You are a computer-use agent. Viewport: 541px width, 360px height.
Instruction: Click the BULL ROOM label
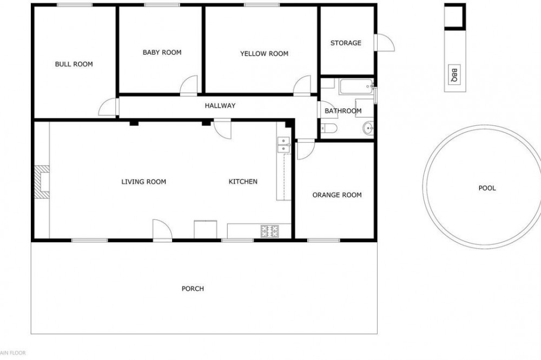[x=74, y=64]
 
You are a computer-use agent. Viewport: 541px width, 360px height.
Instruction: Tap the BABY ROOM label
[x=162, y=52]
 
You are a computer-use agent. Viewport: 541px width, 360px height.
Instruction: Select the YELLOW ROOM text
[x=265, y=54]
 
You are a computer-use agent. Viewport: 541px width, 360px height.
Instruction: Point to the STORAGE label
[x=346, y=43]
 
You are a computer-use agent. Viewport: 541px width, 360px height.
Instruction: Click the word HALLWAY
[x=220, y=105]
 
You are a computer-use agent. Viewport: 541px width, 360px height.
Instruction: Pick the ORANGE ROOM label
[x=337, y=195]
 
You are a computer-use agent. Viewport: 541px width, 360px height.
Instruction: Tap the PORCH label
[x=193, y=289]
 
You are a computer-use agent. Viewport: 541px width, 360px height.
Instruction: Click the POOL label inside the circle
[x=487, y=188]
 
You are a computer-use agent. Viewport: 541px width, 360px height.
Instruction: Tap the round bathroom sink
[x=368, y=129]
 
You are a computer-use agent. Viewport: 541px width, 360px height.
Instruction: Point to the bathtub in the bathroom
[x=356, y=86]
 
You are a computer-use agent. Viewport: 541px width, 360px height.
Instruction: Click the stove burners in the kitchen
[x=270, y=231]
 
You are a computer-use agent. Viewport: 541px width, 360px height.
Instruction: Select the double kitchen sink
[x=283, y=145]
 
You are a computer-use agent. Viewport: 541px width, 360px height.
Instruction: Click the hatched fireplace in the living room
[x=42, y=182]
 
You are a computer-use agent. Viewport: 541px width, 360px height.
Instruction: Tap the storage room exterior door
[x=384, y=43]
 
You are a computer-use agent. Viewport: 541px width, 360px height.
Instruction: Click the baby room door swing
[x=189, y=85]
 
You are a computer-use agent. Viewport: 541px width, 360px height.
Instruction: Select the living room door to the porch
[x=162, y=229]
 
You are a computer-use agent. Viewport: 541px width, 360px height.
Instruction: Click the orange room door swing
[x=305, y=150]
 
